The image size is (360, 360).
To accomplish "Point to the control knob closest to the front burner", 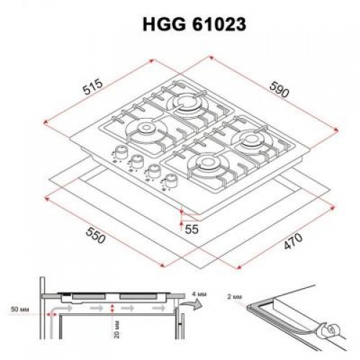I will [x=171, y=180].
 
